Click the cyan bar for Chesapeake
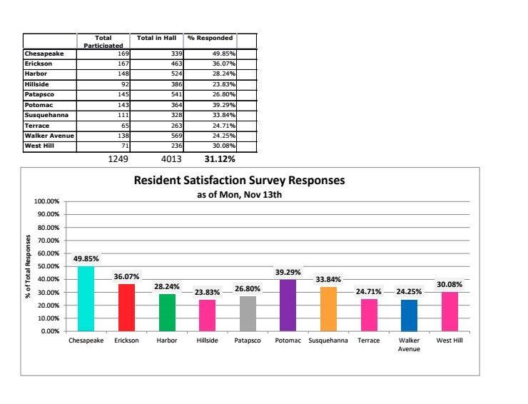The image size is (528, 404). [86, 298]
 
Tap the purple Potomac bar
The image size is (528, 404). [288, 305]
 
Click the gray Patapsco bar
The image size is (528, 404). [248, 313]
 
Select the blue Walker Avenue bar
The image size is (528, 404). [409, 315]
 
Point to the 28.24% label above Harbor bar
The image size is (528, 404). [167, 286]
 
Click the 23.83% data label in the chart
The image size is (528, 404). [207, 292]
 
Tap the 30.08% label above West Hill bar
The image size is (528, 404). [450, 284]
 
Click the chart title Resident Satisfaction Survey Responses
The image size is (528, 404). [239, 181]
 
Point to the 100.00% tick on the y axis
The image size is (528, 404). [49, 202]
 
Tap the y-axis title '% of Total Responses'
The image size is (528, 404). [29, 266]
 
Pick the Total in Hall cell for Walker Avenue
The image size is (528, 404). [176, 136]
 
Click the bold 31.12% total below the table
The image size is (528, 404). [220, 158]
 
